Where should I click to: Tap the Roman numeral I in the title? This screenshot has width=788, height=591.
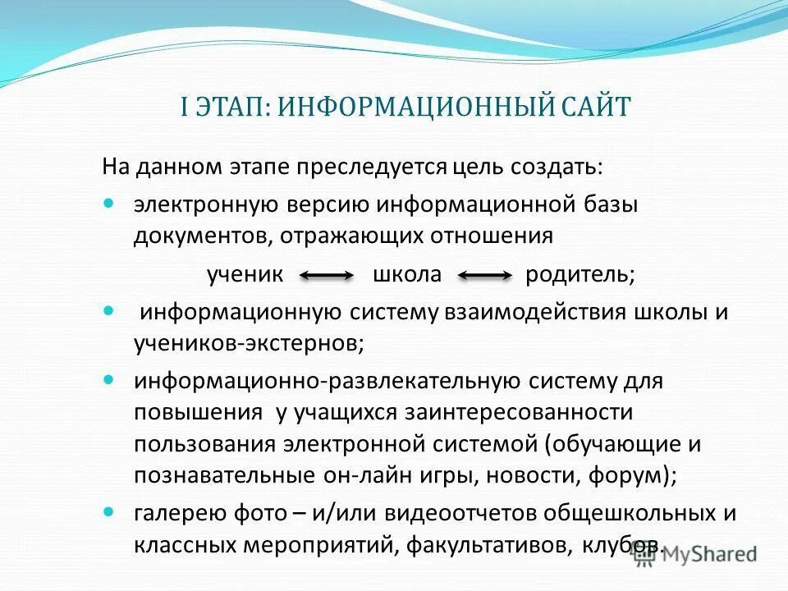(x=186, y=108)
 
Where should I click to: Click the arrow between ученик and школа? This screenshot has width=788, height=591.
(x=327, y=277)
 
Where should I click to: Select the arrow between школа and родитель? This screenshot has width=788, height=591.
(x=484, y=277)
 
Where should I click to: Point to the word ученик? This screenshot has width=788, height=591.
(x=245, y=276)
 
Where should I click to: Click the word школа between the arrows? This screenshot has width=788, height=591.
(x=407, y=276)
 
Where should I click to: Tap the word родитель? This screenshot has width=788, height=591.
(x=580, y=276)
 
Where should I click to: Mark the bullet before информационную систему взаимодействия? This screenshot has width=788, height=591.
(x=112, y=313)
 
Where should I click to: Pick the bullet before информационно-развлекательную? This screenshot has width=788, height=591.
(x=112, y=382)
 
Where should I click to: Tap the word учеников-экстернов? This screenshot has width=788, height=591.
(x=249, y=344)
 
